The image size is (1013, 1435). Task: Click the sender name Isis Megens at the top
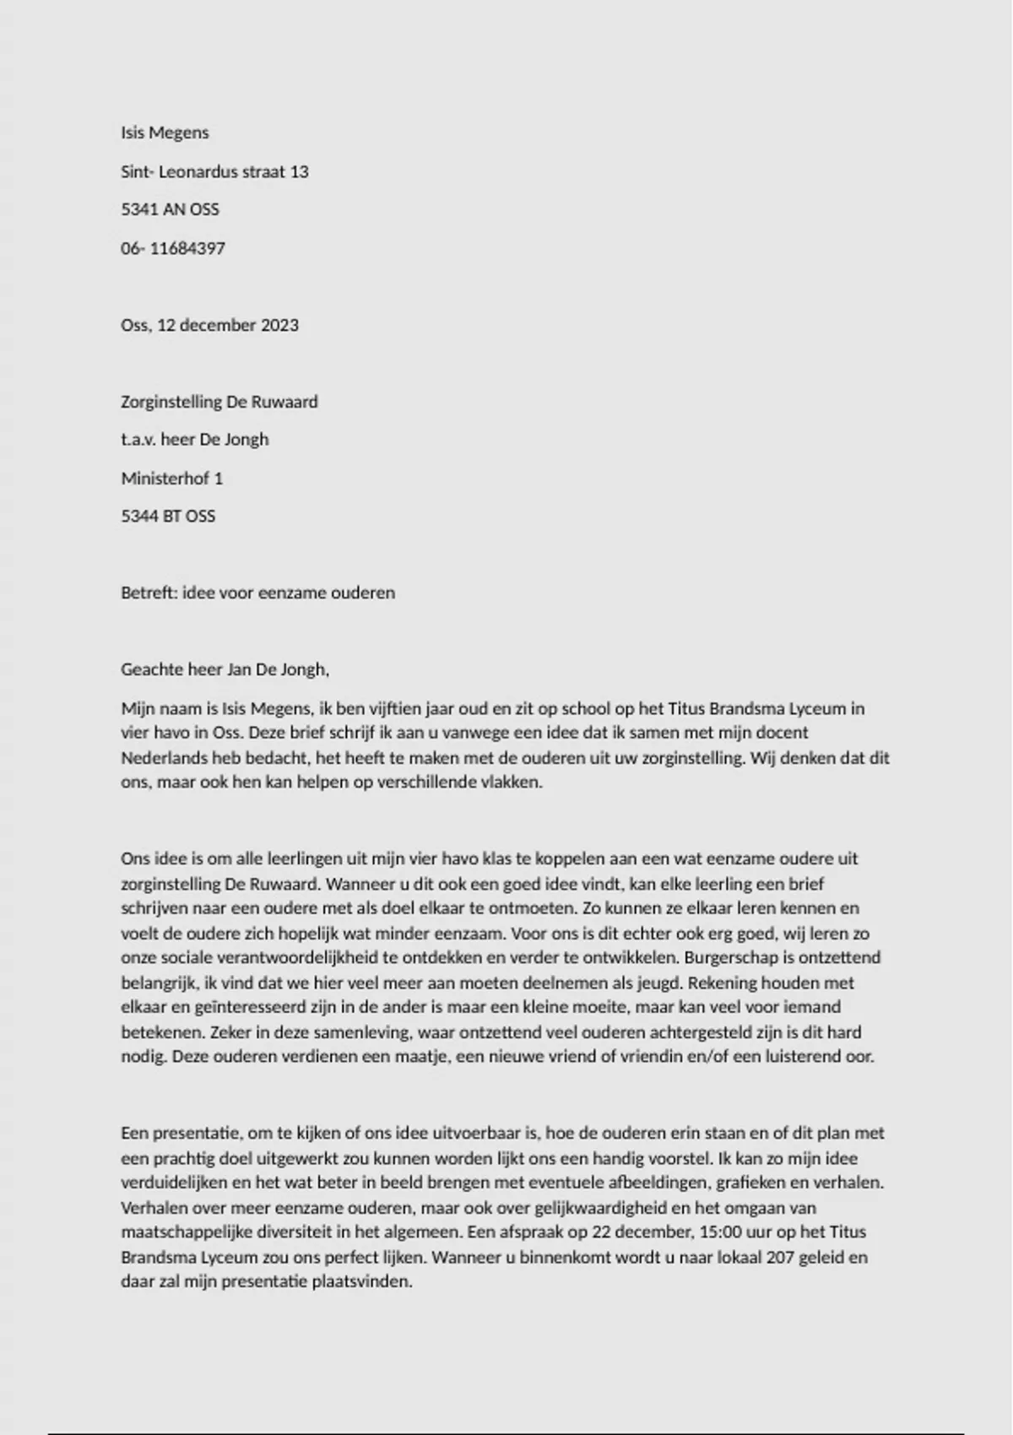coord(165,133)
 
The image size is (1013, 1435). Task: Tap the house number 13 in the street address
coord(300,171)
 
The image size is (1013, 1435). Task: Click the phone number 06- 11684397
coord(173,248)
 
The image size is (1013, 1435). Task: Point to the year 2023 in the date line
coord(279,325)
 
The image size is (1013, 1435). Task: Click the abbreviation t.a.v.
coord(138,439)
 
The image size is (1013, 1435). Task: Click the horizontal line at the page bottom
coord(506,1433)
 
